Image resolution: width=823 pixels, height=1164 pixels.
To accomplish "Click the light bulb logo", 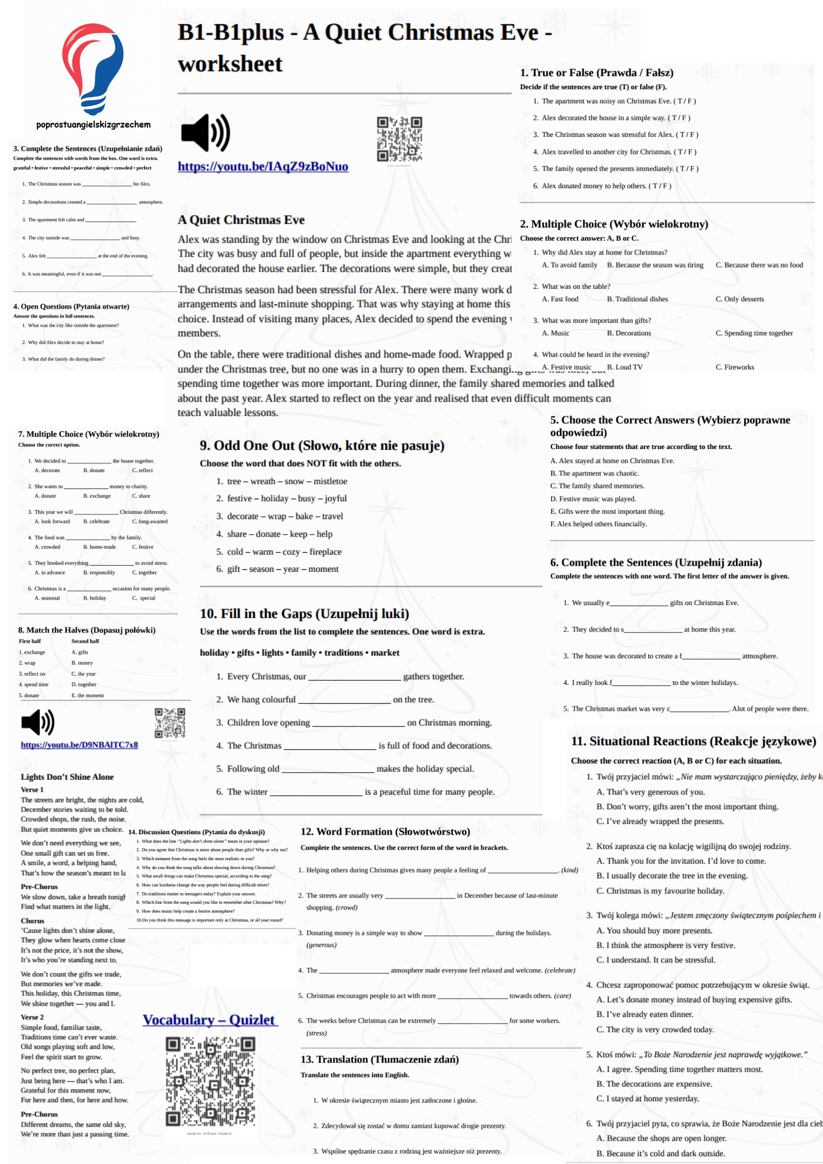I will pos(93,67).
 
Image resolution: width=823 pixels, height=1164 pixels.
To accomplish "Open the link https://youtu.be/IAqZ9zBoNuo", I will pos(263,166).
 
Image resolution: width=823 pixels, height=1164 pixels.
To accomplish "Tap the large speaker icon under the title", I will pos(205,133).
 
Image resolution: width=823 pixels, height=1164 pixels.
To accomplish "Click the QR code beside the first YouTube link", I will pos(399,139).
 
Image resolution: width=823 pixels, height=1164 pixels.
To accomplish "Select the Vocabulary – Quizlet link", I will pos(210,1019).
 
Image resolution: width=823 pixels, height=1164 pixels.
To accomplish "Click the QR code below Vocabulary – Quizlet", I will pos(210,1082).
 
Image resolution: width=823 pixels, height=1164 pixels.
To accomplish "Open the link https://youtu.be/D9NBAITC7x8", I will pos(79,745).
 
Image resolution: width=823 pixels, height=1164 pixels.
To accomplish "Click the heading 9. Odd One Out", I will pos(322,445).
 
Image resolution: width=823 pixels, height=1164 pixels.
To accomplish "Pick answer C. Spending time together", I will pos(754,333).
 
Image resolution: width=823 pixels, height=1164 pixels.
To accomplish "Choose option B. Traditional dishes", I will pos(637,299).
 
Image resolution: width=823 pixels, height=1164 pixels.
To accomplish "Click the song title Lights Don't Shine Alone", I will pos(67,777).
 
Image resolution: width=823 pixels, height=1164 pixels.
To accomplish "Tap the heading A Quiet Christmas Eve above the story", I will pos(241,220).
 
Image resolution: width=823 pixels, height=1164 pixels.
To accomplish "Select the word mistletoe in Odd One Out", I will pos(330,481).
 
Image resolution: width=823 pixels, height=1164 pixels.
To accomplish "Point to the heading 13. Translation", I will pos(380,1059).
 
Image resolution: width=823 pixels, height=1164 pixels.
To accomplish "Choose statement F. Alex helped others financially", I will pos(598,524).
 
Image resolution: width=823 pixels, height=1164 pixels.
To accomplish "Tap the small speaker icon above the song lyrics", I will pos(38,722).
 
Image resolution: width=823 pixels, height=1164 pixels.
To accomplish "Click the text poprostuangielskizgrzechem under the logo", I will pos(93,124).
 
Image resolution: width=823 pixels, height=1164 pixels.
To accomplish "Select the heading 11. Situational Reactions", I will pos(693,741).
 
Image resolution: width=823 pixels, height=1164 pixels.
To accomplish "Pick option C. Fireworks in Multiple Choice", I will pos(735,367).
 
